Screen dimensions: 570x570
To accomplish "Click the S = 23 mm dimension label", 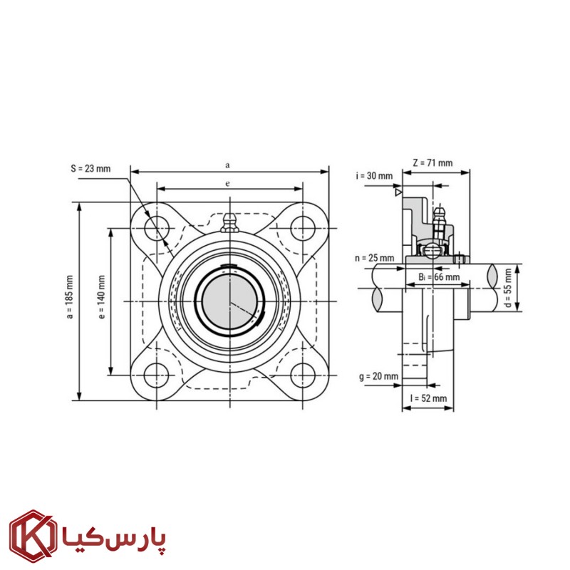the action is (x=90, y=169).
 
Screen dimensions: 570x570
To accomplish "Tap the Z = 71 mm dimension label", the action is (x=432, y=163).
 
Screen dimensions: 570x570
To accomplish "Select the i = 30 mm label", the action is (x=374, y=176).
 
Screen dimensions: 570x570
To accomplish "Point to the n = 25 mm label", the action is (x=375, y=258).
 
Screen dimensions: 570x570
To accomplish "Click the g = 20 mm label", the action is (x=379, y=376).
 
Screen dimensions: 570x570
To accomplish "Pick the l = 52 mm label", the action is (x=428, y=398).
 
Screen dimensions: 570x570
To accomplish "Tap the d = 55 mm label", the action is (x=508, y=288).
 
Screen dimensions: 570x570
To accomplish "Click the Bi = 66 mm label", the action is (x=439, y=277).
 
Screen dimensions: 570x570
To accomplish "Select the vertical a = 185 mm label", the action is (x=70, y=297).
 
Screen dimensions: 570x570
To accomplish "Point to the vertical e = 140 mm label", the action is (x=102, y=297).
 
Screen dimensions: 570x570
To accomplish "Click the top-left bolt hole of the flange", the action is (x=157, y=228).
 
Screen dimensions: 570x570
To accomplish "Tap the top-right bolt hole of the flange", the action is (x=303, y=228).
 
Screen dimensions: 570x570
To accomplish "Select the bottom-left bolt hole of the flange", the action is (x=157, y=375).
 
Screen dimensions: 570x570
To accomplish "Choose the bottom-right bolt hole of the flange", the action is (x=303, y=375).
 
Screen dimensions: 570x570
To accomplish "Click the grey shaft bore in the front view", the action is (x=229, y=301).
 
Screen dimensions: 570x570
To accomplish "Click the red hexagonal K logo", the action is (x=33, y=537).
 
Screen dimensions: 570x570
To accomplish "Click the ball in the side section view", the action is (x=432, y=251).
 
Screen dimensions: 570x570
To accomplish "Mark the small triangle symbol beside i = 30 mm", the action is (x=399, y=192).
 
